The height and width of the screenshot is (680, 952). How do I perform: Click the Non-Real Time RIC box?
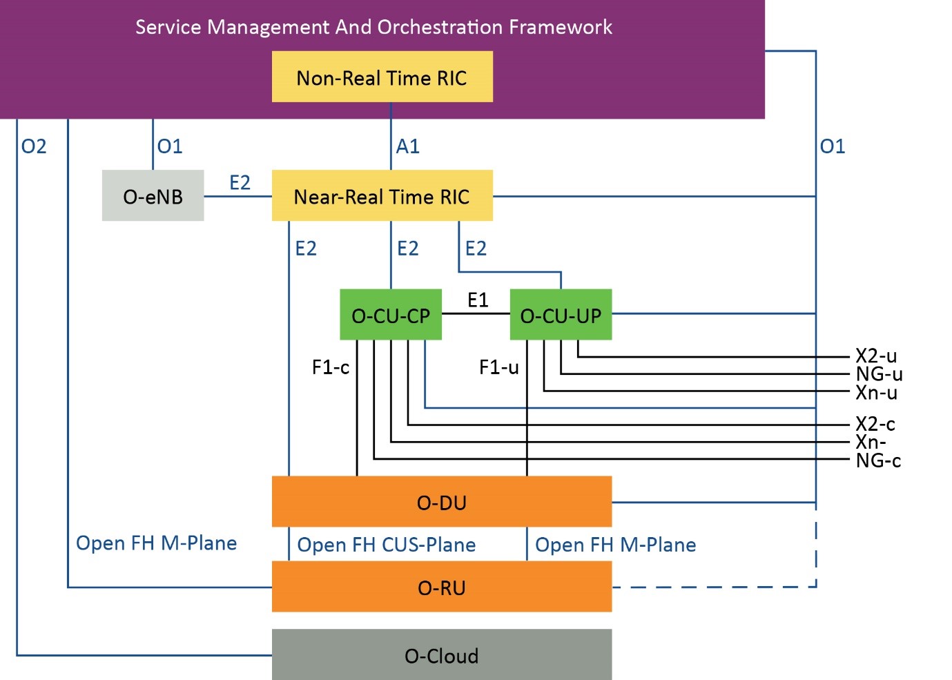[x=382, y=77]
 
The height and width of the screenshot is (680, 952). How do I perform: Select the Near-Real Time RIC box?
[x=382, y=196]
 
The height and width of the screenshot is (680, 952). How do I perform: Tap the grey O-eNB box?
[x=153, y=196]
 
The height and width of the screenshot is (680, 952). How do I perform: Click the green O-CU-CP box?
[x=391, y=315]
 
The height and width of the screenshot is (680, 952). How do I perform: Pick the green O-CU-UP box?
[x=561, y=315]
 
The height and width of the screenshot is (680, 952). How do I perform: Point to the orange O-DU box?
[x=442, y=502]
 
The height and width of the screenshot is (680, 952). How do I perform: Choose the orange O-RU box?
[x=442, y=587]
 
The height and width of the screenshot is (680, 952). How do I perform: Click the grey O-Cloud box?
[x=442, y=654]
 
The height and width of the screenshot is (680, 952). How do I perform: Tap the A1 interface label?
[x=407, y=146]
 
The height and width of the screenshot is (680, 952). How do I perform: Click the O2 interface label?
[x=34, y=146]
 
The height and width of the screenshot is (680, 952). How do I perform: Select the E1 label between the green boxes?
[x=478, y=300]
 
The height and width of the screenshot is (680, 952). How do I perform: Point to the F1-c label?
[x=331, y=367]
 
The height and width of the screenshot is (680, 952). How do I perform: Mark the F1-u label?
[x=498, y=367]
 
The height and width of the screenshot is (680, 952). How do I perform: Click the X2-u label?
[x=876, y=356]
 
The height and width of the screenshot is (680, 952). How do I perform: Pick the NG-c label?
[x=878, y=460]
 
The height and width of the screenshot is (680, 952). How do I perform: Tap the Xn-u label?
[x=876, y=393]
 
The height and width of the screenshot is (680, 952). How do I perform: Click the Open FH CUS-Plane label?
[x=387, y=545]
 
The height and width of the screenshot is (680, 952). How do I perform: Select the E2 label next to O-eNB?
[x=240, y=182]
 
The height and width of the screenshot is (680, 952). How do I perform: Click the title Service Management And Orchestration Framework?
[x=373, y=27]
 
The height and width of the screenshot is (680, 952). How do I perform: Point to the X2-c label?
[x=875, y=424]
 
